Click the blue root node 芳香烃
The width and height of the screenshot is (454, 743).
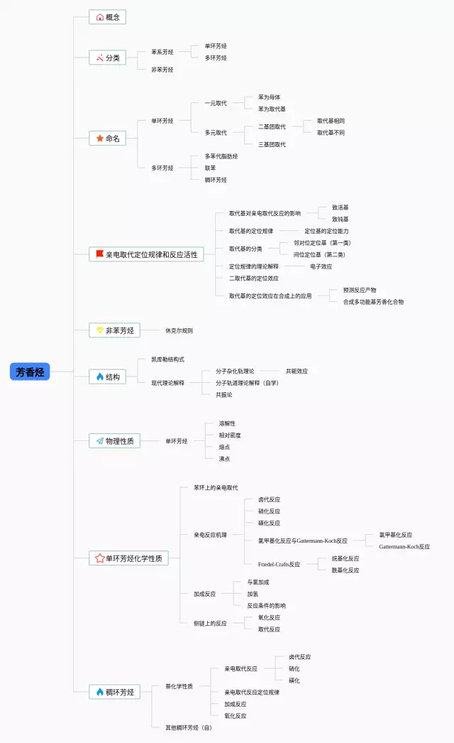pyautogui.click(x=30, y=371)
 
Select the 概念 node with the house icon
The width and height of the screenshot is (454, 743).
pyautogui.click(x=107, y=17)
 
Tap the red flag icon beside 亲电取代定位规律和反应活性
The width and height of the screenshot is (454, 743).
pyautogui.click(x=99, y=254)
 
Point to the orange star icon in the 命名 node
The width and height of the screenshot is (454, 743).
pyautogui.click(x=99, y=139)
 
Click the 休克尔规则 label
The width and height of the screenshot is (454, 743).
pyautogui.click(x=179, y=330)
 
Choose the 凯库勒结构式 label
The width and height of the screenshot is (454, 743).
pyautogui.click(x=167, y=359)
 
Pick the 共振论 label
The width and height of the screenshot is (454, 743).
pyautogui.click(x=224, y=394)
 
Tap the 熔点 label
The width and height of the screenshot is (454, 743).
pyautogui.click(x=224, y=447)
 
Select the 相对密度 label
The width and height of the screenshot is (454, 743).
pyautogui.click(x=230, y=435)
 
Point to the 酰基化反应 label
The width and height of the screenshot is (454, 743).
pyautogui.click(x=345, y=570)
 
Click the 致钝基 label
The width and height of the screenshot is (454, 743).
pyautogui.click(x=340, y=219)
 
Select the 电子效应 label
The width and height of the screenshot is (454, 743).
pyautogui.click(x=321, y=266)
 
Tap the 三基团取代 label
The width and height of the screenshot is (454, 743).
pyautogui.click(x=272, y=144)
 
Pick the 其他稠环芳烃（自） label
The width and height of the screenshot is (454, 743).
pyautogui.click(x=189, y=727)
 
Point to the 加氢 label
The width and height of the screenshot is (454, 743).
pyautogui.click(x=253, y=594)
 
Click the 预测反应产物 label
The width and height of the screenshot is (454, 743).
pyautogui.click(x=360, y=290)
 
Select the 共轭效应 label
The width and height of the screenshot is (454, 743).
pyautogui.click(x=297, y=371)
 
